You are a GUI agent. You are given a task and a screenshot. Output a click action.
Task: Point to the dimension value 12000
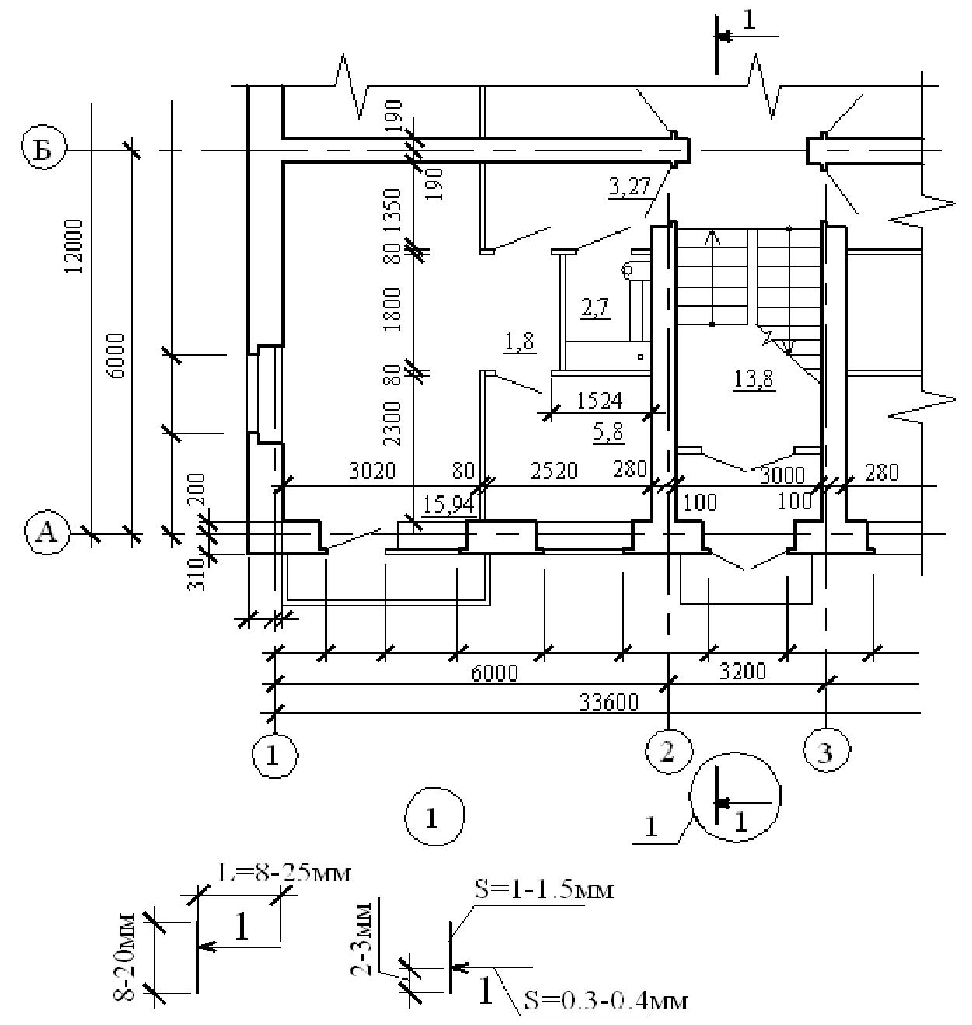click(x=75, y=247)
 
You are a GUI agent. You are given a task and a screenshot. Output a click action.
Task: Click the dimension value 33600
click(x=609, y=702)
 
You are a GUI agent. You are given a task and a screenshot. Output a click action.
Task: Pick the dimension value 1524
click(x=600, y=401)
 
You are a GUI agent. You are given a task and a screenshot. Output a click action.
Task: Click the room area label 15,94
click(x=448, y=505)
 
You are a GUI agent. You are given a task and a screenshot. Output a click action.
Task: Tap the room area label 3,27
click(x=629, y=187)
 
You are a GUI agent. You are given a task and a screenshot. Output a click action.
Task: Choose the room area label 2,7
click(x=595, y=307)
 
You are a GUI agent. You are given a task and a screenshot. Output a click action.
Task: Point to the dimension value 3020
click(x=372, y=471)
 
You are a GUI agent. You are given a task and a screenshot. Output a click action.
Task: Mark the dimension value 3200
click(x=743, y=672)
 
